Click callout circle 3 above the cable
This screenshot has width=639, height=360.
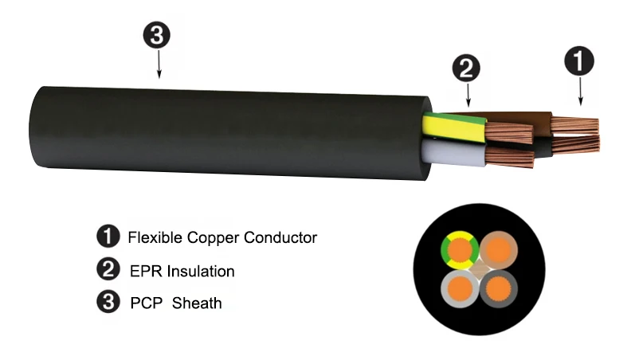157,35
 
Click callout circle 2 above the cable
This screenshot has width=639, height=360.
466,68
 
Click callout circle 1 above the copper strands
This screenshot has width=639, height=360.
579,61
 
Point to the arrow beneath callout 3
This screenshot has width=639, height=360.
159,64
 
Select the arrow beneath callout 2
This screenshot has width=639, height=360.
468,95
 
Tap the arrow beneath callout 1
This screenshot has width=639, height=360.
581,92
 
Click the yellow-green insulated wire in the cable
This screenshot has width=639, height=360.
454,127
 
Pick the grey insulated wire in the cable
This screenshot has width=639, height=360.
454,153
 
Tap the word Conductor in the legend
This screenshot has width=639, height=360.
280,237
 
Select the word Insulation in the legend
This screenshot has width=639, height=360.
201,272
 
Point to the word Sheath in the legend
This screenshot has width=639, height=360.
197,303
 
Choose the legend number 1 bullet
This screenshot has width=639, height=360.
108,237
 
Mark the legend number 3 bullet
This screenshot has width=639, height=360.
108,302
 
